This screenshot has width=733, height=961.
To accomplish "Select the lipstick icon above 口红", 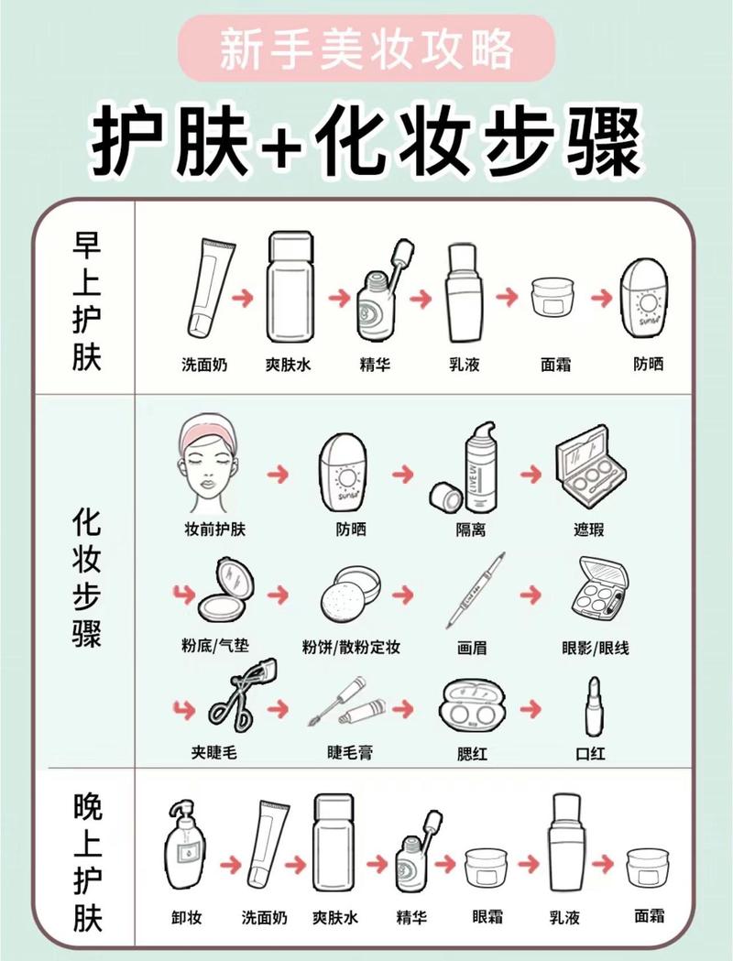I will [x=588, y=706].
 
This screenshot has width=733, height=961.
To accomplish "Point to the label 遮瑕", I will [x=588, y=530].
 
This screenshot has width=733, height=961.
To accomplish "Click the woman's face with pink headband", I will [x=211, y=465].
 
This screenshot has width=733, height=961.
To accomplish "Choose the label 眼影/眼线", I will [x=596, y=648].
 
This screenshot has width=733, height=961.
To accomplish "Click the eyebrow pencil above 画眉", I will [x=476, y=590].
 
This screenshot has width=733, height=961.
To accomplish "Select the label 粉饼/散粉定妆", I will [x=352, y=648].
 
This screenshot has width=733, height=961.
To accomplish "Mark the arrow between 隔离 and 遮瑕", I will [x=531, y=474].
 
